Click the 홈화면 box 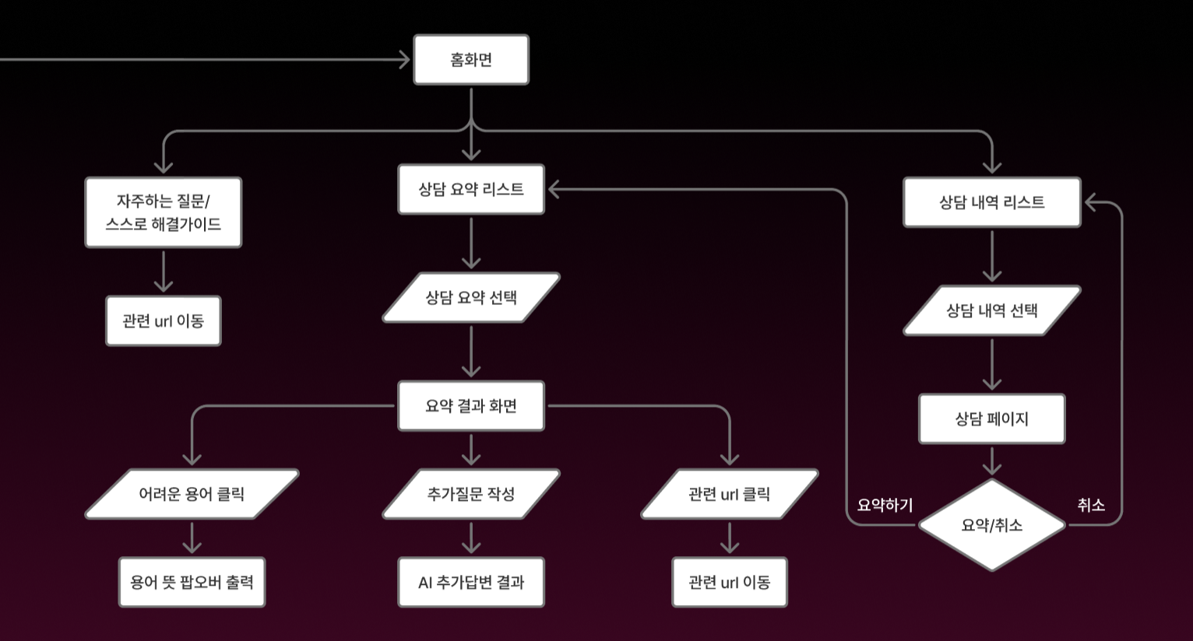(471, 60)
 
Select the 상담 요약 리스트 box (471, 189)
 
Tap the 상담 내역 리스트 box (991, 202)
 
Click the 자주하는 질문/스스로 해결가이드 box (164, 212)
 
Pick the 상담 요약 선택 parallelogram (471, 297)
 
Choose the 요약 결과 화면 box (471, 405)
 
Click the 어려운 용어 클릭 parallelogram (192, 494)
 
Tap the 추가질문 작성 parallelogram (471, 494)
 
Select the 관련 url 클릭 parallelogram (730, 494)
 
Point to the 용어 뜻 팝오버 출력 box (192, 582)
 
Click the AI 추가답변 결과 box (471, 582)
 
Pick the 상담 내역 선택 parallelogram (991, 310)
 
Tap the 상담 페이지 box (991, 419)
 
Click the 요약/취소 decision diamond (991, 525)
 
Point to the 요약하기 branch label (885, 505)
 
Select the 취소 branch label (1091, 505)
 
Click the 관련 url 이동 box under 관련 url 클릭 (730, 582)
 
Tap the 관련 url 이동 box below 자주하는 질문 (164, 320)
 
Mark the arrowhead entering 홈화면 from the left (404, 60)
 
